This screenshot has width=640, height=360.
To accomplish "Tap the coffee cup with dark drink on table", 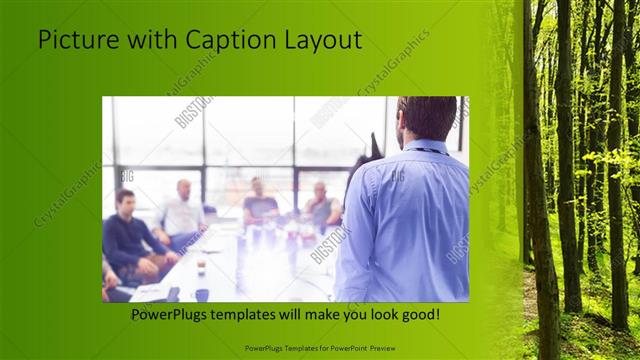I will point(201,264).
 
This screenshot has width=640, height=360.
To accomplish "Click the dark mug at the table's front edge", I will point(201,294).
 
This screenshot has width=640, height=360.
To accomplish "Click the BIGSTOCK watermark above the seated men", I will point(193,112).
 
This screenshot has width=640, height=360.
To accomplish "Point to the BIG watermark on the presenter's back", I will point(397,176).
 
